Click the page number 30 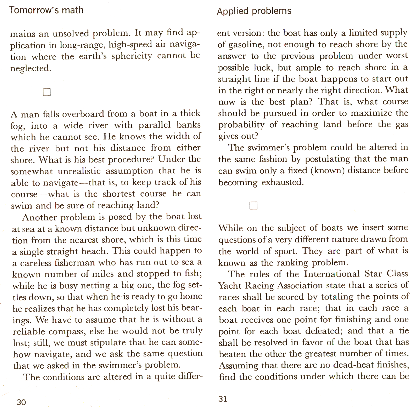click(x=21, y=402)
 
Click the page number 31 click(x=223, y=399)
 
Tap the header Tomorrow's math click(x=46, y=10)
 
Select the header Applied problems click(x=254, y=11)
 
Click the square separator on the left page click(x=47, y=92)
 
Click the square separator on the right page click(x=253, y=206)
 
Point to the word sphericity click(x=132, y=56)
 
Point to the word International click(x=332, y=274)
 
